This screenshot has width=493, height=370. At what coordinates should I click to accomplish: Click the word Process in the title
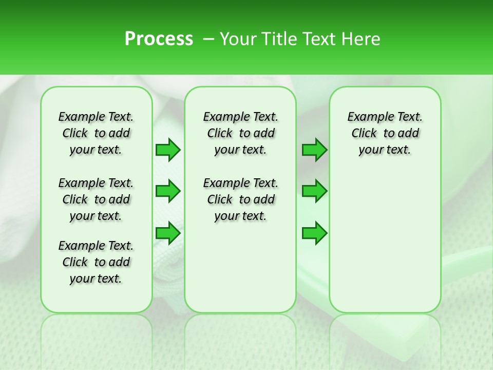[x=159, y=39]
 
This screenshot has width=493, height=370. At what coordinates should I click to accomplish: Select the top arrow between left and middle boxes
[x=168, y=150]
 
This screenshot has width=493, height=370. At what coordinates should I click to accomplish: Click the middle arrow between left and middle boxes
[x=168, y=191]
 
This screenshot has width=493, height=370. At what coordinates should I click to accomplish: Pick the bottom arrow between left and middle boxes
[x=168, y=233]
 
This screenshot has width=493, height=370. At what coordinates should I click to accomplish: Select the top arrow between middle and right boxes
[x=314, y=150]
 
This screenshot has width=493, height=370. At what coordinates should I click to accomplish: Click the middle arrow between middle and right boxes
[x=314, y=191]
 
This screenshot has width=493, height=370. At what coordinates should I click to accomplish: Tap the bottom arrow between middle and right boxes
[x=314, y=233]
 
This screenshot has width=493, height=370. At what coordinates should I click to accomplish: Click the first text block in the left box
[x=96, y=133]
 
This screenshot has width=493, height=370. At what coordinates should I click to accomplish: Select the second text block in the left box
[x=96, y=199]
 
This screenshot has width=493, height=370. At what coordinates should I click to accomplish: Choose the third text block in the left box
[x=96, y=262]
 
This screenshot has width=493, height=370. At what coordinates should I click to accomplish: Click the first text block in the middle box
[x=240, y=133]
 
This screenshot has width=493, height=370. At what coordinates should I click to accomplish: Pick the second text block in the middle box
[x=240, y=199]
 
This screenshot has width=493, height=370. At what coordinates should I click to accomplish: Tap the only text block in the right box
[x=385, y=133]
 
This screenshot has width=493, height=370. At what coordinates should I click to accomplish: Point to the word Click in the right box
[x=364, y=134]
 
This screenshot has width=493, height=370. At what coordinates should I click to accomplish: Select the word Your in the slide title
[x=237, y=39]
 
